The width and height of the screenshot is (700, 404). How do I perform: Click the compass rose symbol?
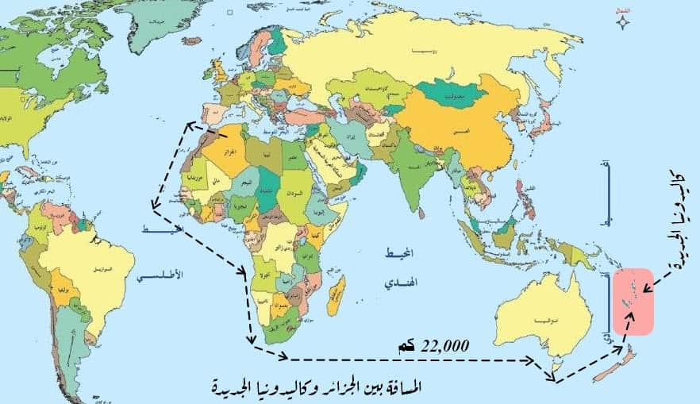point(624,21)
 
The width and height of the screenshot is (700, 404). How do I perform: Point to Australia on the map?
point(539,314)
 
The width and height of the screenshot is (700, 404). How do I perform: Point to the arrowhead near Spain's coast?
point(190,124)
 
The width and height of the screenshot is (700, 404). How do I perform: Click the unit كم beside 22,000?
point(406,346)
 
